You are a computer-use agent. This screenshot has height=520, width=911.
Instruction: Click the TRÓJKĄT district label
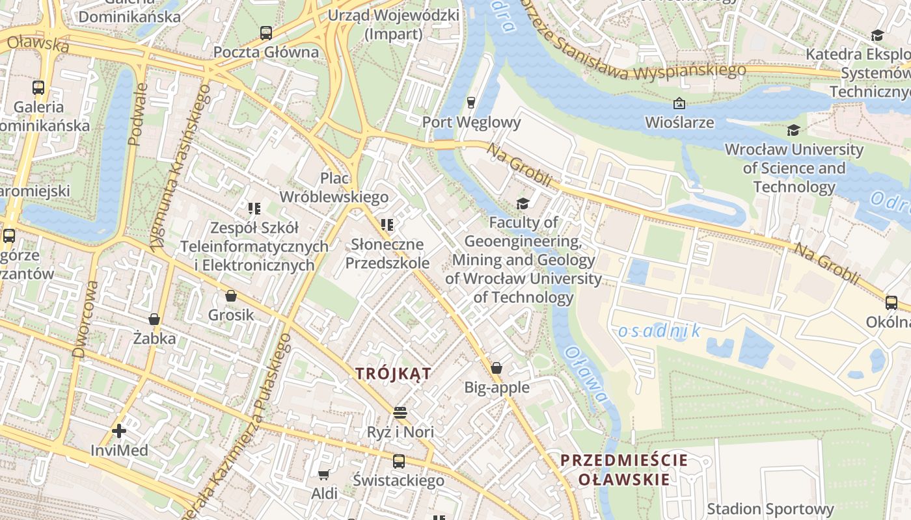pyautogui.click(x=393, y=374)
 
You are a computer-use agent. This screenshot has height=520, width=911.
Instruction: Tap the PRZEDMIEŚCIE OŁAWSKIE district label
pyautogui.click(x=624, y=470)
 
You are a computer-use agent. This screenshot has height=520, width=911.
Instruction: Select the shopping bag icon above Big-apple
pyautogui.click(x=496, y=368)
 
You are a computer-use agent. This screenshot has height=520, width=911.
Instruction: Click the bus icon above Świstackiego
pyautogui.click(x=398, y=461)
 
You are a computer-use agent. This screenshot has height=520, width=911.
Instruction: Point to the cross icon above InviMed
pyautogui.click(x=118, y=431)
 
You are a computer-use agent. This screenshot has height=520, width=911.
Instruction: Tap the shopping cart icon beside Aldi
pyautogui.click(x=323, y=474)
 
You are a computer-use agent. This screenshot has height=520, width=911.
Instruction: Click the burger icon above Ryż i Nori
pyautogui.click(x=400, y=413)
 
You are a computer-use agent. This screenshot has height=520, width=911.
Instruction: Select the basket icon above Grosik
pyautogui.click(x=230, y=296)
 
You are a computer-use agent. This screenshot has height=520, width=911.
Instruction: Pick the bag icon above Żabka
pyautogui.click(x=154, y=319)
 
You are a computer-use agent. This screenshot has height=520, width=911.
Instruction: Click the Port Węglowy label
pyautogui.click(x=471, y=122)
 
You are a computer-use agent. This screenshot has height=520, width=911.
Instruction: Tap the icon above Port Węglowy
pyautogui.click(x=471, y=103)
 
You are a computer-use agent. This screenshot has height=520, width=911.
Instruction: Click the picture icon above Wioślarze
pyautogui.click(x=679, y=103)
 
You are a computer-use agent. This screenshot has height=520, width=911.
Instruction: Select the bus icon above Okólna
pyautogui.click(x=891, y=302)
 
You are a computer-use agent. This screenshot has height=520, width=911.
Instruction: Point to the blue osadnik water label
pyautogui.click(x=659, y=331)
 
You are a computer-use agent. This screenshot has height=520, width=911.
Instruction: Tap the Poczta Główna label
pyautogui.click(x=266, y=52)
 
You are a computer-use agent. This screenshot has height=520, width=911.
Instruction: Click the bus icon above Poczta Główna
pyautogui.click(x=265, y=32)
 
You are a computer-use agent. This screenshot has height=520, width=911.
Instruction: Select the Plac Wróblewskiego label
pyautogui.click(x=334, y=187)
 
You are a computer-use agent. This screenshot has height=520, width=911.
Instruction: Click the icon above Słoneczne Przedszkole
pyautogui.click(x=387, y=225)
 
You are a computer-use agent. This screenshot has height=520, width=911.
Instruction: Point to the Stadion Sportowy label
pyautogui.click(x=770, y=509)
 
